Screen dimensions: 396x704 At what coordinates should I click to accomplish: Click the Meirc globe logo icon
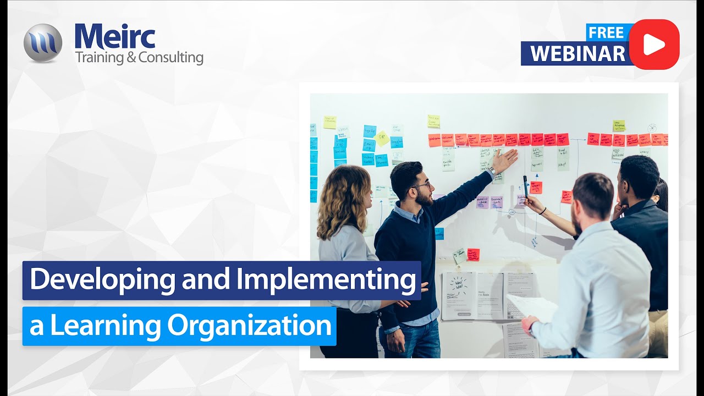tap(43, 43)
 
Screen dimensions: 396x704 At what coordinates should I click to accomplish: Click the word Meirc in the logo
tap(115, 36)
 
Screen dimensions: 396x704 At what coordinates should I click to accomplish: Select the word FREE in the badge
tap(606, 32)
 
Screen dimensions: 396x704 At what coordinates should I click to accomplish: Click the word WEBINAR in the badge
tap(577, 53)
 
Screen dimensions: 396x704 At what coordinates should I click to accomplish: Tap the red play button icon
tap(654, 45)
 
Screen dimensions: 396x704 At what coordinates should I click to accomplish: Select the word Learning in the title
tap(107, 326)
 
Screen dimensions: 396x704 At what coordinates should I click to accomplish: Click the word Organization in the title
tap(250, 326)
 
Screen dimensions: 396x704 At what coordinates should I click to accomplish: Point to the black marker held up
tap(525, 186)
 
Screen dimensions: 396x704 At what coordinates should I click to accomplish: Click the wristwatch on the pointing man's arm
tap(492, 170)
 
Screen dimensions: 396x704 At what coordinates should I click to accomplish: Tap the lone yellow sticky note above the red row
tap(433, 121)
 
